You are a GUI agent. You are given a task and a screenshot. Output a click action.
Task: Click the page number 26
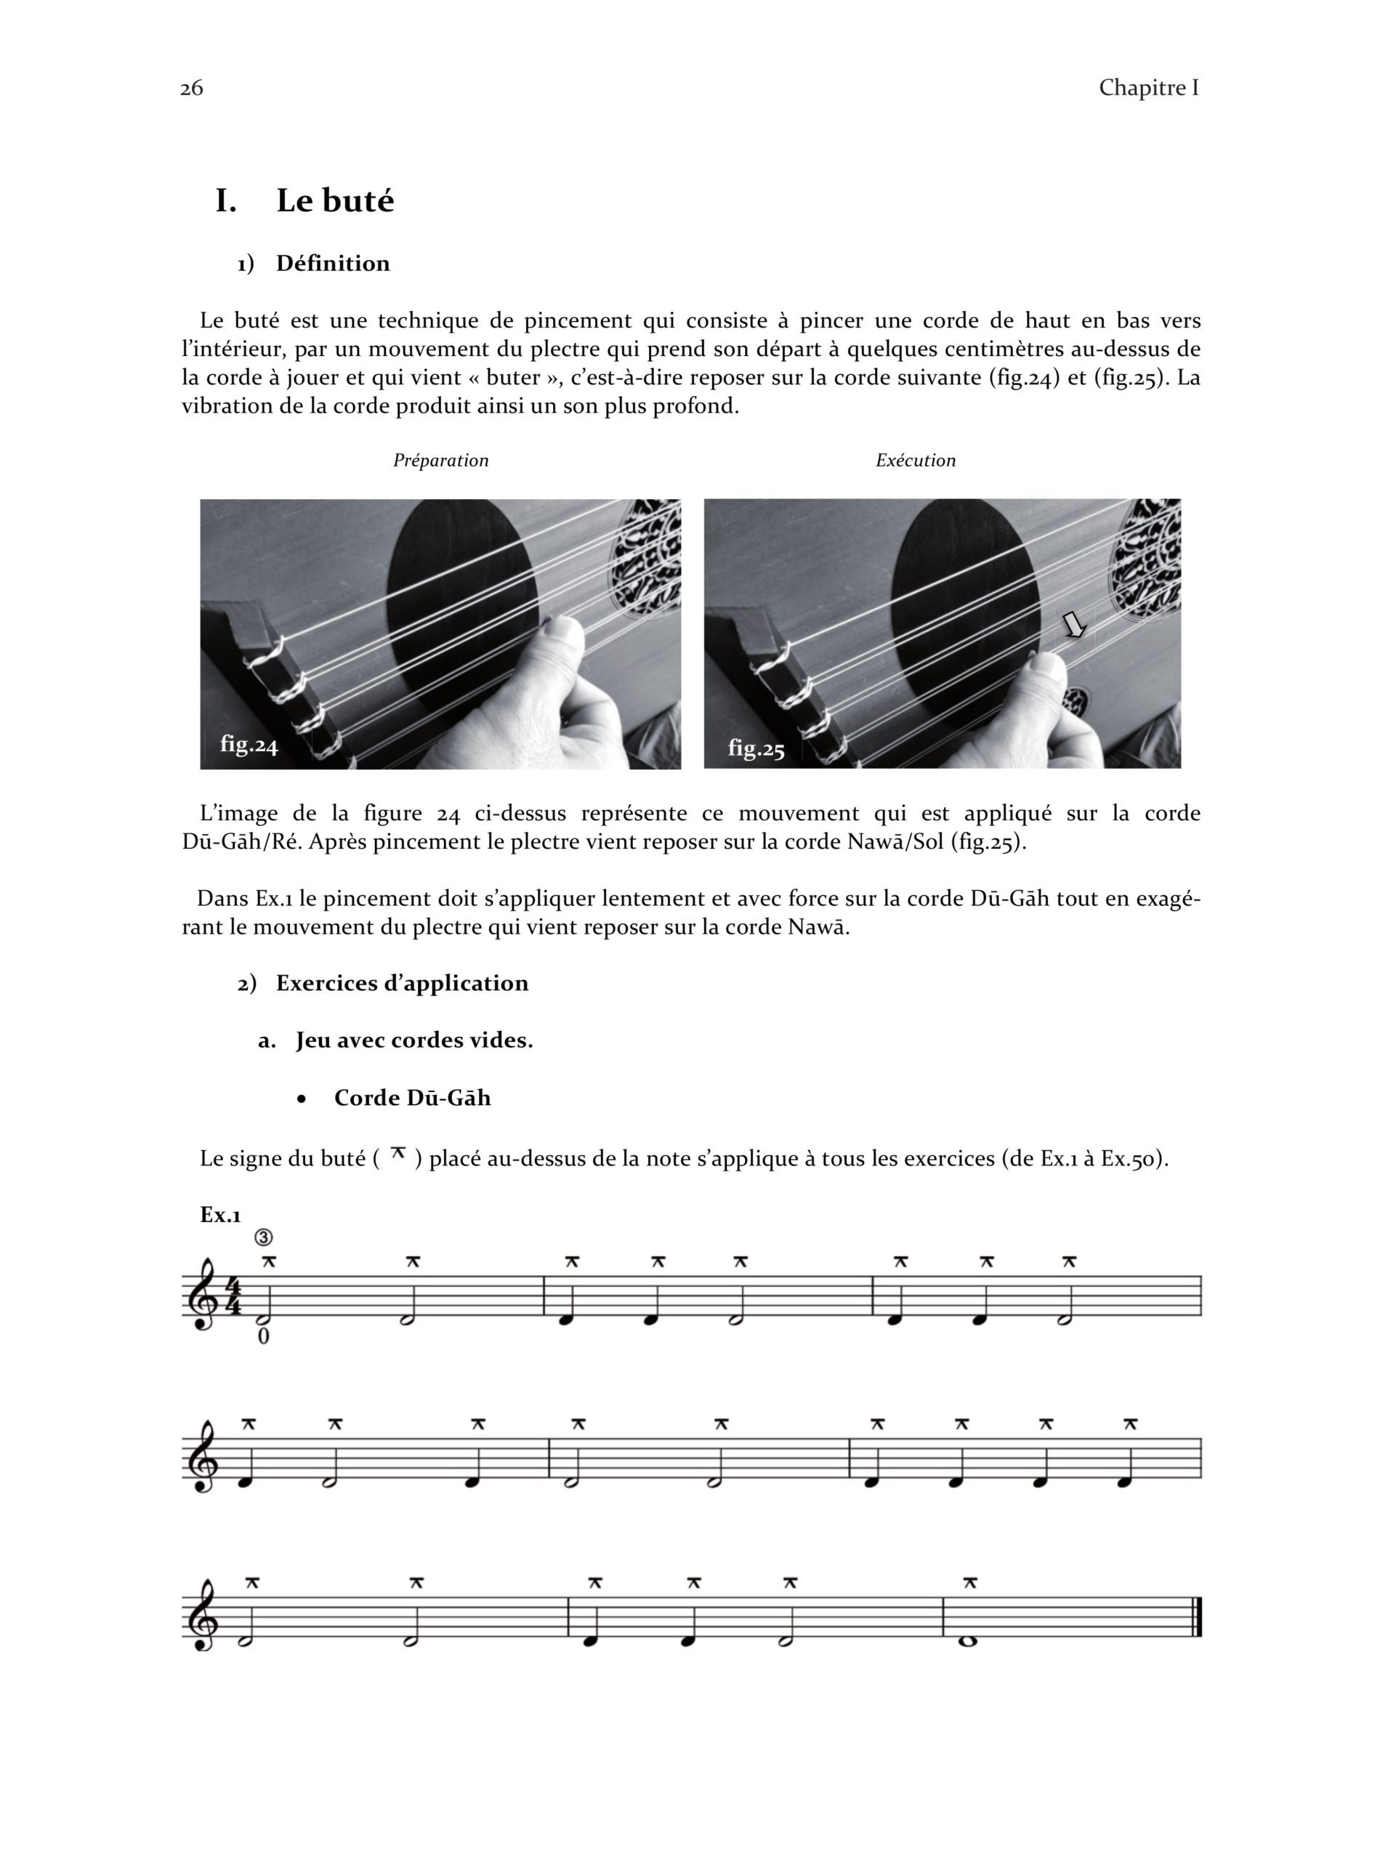pyautogui.click(x=191, y=88)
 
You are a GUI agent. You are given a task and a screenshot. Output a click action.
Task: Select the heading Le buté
pyautogui.click(x=334, y=201)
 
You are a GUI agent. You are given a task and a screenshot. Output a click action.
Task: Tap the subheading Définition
pyautogui.click(x=333, y=264)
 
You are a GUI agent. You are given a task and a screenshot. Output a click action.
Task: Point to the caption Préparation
pyautogui.click(x=440, y=460)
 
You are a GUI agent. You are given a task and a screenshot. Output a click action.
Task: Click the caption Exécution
pyautogui.click(x=915, y=460)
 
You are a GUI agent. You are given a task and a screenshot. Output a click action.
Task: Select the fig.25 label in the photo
pyautogui.click(x=756, y=748)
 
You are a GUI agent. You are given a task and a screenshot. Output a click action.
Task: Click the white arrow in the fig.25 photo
pyautogui.click(x=1073, y=624)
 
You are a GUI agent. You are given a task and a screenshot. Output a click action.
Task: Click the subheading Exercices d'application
pyautogui.click(x=402, y=983)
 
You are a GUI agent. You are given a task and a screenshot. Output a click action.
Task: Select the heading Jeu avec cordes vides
pyautogui.click(x=413, y=1040)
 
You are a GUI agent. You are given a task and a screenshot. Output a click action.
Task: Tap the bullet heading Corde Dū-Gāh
pyautogui.click(x=412, y=1097)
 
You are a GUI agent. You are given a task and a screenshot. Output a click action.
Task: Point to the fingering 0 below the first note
pyautogui.click(x=263, y=1336)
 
